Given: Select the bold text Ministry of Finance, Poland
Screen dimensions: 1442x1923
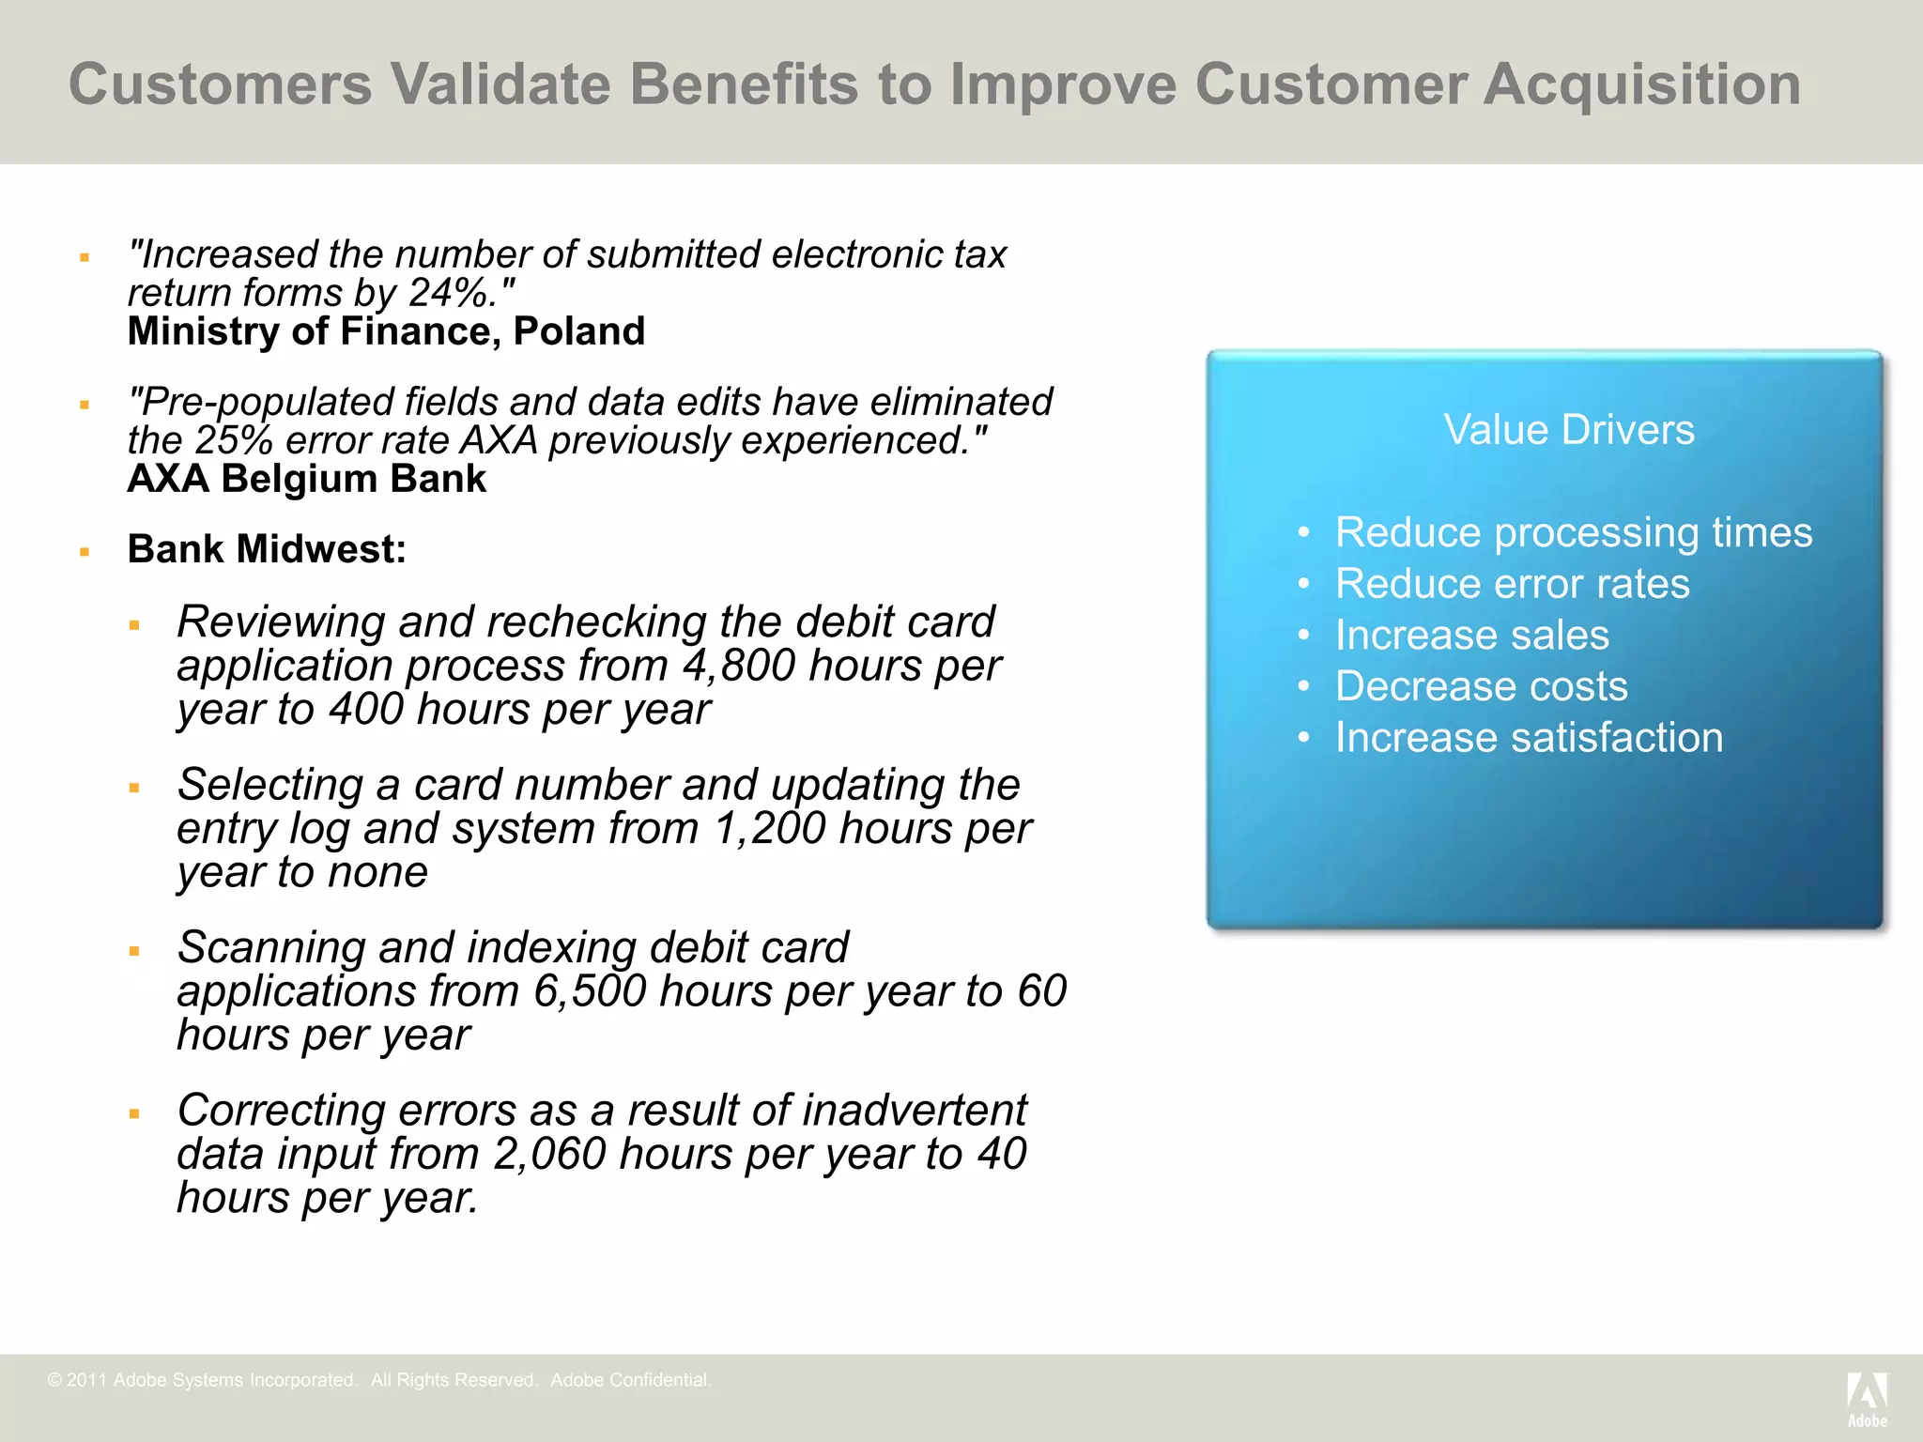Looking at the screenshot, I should click(x=386, y=331).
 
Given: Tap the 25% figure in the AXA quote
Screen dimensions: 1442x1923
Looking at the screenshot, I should click(x=233, y=441).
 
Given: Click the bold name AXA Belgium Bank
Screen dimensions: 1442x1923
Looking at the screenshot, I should click(x=306, y=479).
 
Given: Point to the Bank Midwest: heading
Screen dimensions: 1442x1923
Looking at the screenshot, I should click(x=267, y=549).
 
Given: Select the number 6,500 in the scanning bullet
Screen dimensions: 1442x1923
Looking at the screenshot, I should click(x=590, y=992).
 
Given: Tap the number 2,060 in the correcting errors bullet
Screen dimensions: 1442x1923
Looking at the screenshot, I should click(x=549, y=1155).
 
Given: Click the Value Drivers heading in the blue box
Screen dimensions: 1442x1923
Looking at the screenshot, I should click(x=1569, y=430).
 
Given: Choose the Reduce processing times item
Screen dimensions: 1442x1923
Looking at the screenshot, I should click(x=1573, y=532).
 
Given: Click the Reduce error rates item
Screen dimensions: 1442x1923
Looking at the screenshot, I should click(x=1512, y=584).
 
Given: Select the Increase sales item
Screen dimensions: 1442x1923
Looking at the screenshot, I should click(x=1471, y=636).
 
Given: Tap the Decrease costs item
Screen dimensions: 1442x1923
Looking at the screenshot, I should click(x=1481, y=686).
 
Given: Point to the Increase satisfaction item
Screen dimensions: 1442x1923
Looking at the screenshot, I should click(x=1529, y=738).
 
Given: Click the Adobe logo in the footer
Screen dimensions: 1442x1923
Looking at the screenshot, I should click(x=1867, y=1399).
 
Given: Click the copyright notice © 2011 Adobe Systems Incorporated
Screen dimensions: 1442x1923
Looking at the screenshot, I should click(x=202, y=1380).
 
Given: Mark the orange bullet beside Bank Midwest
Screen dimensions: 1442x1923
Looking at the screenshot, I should click(x=85, y=552).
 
